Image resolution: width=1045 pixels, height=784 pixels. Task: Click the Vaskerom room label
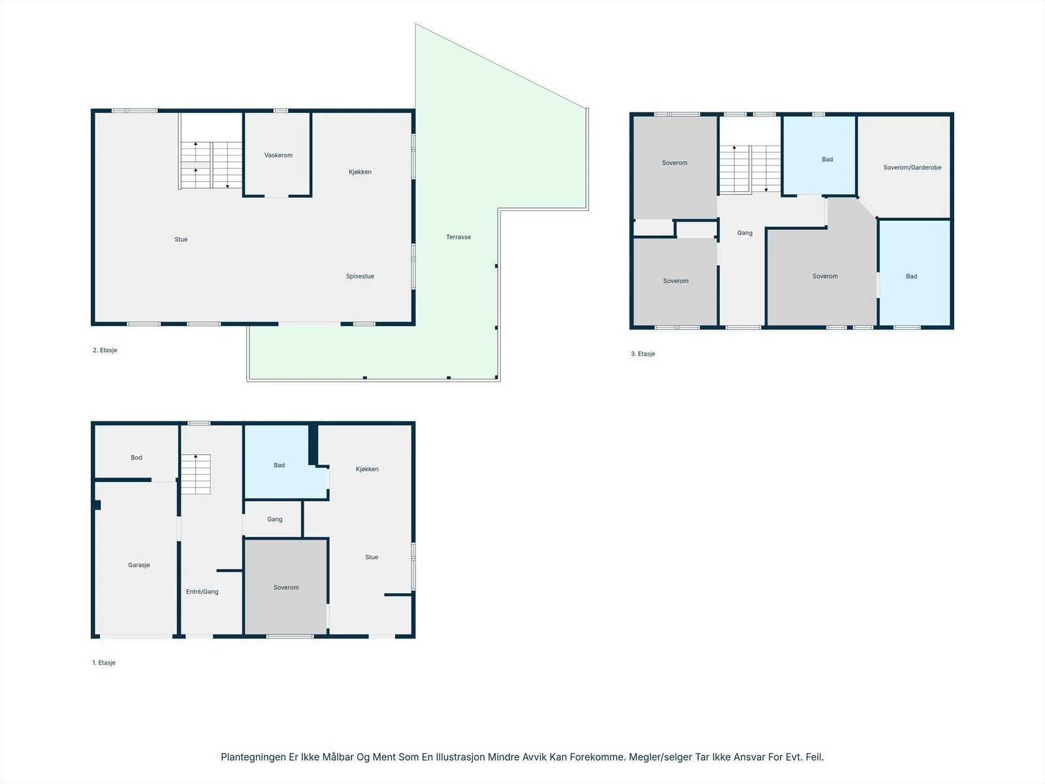[x=278, y=155]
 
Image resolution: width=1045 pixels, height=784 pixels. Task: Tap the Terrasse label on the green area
[x=458, y=237]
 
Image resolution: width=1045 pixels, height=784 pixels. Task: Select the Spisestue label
[x=360, y=276]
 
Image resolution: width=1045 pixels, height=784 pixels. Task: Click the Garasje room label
[x=139, y=565]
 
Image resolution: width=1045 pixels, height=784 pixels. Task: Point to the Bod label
[x=137, y=457]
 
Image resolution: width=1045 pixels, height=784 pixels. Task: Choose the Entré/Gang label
[x=202, y=592]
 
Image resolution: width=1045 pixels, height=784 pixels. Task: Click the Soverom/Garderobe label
[x=912, y=167]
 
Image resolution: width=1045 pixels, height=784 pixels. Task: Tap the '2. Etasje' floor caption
[x=104, y=350]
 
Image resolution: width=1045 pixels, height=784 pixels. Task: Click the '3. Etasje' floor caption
[x=643, y=354]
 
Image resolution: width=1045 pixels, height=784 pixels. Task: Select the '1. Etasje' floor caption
[x=104, y=662]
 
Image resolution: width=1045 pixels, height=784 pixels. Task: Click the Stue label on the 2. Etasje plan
[x=181, y=239]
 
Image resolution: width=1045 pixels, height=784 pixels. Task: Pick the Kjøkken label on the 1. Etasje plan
[x=367, y=469]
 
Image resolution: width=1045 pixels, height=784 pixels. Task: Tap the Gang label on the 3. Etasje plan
[x=745, y=233]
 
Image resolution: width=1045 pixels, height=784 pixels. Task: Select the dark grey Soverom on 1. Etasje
[x=285, y=587]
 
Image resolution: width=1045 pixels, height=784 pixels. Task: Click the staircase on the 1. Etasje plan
[x=196, y=474]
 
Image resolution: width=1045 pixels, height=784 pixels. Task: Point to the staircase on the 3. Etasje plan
[x=750, y=169]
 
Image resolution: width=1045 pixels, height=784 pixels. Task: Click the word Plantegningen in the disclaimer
[x=253, y=757]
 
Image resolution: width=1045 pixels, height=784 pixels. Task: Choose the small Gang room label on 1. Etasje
[x=275, y=519]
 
